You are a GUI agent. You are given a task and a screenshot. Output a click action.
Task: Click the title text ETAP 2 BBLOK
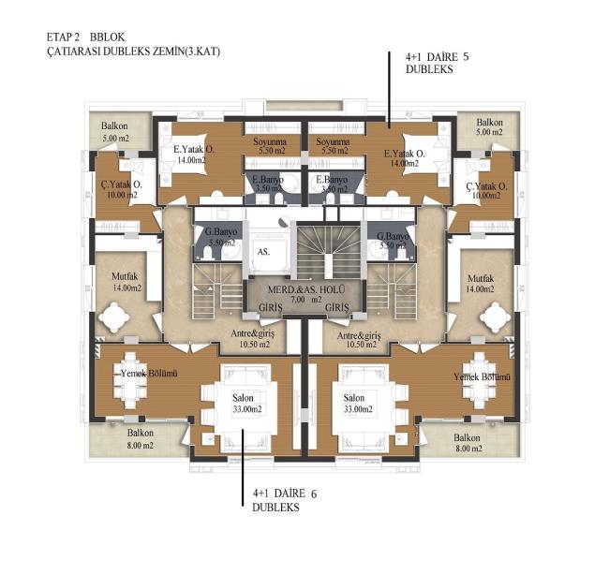coord(86,37)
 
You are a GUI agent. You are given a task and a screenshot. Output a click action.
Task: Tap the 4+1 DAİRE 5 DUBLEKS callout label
coord(437,63)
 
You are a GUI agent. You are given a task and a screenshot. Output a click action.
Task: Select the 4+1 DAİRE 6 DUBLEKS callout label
coord(284,500)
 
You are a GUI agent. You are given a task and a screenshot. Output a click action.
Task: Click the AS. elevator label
coord(263,252)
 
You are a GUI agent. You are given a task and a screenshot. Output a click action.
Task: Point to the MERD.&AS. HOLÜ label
coord(306,289)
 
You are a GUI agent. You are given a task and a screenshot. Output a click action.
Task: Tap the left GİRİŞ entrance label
coord(271,308)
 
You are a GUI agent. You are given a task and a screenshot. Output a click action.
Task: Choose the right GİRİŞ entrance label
coord(336,308)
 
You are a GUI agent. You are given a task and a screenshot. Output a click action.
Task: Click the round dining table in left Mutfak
coord(113,317)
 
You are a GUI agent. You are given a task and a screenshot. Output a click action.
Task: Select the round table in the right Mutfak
coord(496,317)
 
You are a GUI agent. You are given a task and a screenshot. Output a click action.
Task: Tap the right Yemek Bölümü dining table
coord(480,380)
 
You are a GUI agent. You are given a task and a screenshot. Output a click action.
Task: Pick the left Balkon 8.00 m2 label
coord(141,439)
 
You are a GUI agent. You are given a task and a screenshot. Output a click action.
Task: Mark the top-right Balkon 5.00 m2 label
coord(489,127)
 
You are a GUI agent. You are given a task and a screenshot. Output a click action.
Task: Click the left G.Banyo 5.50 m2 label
coord(221,237)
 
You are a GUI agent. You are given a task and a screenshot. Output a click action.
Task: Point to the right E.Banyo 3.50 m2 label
coord(332,184)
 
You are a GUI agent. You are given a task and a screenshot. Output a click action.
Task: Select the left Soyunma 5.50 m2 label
coord(270,146)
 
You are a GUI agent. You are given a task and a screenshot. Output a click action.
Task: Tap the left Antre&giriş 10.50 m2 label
coord(252,339)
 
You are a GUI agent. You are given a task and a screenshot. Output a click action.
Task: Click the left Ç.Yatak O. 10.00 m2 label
coord(122,189)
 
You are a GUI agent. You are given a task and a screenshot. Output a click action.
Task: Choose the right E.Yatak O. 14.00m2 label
coord(405,158)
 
